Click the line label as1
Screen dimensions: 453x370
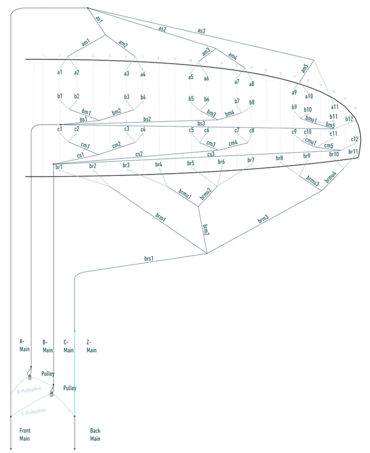pos(98,19)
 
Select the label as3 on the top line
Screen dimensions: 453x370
pos(202,31)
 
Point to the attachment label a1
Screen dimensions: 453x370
pos(60,72)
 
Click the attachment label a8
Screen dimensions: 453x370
pos(252,84)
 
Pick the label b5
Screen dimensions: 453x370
pos(191,99)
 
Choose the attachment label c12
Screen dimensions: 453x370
pos(354,139)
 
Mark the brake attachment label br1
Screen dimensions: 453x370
pos(59,166)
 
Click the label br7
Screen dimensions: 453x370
pos(251,160)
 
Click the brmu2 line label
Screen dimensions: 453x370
pos(206,193)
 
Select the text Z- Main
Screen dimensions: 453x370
pos(91,346)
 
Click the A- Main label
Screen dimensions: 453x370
pos(25,345)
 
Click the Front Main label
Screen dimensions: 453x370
pos(25,434)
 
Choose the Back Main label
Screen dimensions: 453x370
pos(95,434)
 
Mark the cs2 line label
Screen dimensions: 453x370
pos(139,153)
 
